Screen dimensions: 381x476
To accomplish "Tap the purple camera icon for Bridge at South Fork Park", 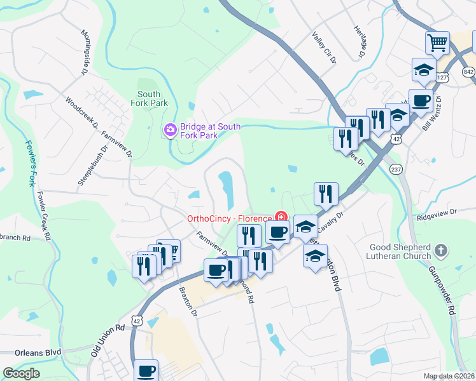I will pos(170,131).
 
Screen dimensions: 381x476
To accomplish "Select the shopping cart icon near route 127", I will pos(437,43).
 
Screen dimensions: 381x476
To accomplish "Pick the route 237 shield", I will pos(396,170).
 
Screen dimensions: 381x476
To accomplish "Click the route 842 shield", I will pos(469,72).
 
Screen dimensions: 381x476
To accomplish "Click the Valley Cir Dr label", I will pos(323,47).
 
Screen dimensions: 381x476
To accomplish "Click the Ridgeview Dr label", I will pos(437,214).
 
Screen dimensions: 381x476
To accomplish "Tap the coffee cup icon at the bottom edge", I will pos(146,370).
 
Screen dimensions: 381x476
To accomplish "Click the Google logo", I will pos(21,373).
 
